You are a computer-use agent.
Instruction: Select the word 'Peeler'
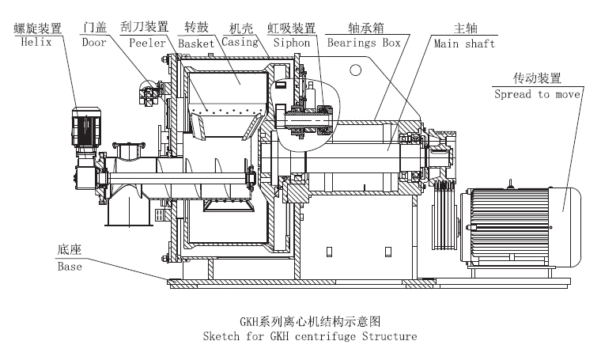[x=146, y=42]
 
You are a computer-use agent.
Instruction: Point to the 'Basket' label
[x=197, y=42]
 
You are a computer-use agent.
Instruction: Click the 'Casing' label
[x=240, y=42]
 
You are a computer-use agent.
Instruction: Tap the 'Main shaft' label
[x=464, y=43]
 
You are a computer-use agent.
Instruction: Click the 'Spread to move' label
[x=537, y=93]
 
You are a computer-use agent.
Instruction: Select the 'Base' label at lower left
[x=70, y=266]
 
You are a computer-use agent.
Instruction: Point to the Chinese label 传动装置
[x=537, y=79]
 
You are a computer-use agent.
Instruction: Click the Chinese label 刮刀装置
[x=146, y=28]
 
